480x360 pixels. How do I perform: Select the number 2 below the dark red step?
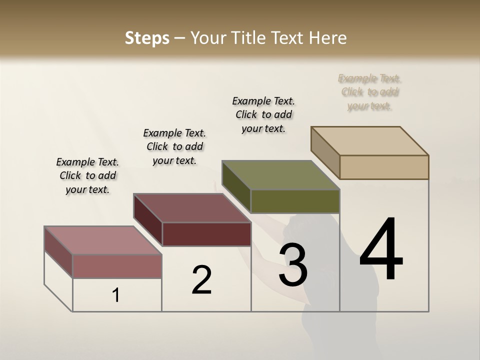point(201,279)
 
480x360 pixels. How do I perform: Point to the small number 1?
point(116,295)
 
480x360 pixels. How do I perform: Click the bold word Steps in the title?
point(147,38)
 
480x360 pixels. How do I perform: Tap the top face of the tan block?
point(370,140)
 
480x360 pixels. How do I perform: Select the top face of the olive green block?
point(281,175)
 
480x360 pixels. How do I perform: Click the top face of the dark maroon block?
point(192,208)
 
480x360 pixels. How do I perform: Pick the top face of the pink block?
point(103,240)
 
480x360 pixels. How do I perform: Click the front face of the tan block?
point(384,167)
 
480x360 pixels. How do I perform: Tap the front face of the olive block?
point(295,201)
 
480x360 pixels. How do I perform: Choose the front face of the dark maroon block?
point(206,234)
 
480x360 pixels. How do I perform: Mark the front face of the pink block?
point(117,266)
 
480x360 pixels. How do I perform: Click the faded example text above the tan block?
point(369,92)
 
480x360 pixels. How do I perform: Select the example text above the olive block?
point(263,114)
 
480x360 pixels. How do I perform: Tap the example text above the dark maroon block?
point(174,146)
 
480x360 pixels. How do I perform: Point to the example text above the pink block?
point(87,175)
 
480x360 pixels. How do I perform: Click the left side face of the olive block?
point(236,186)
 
